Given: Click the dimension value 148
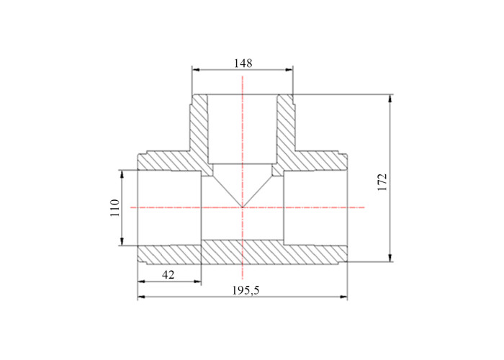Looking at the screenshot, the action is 243,63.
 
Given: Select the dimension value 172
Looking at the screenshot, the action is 382,182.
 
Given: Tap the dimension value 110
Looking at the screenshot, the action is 114,207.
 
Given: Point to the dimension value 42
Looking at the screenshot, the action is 168,275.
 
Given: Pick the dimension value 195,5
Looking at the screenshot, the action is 246,290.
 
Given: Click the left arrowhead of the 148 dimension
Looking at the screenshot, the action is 196,69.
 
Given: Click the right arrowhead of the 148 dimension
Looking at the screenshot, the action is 289,69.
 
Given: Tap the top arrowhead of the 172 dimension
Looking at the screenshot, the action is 390,99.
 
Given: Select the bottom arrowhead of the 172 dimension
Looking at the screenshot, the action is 390,258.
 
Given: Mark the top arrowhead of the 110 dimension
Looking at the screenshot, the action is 122,174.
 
